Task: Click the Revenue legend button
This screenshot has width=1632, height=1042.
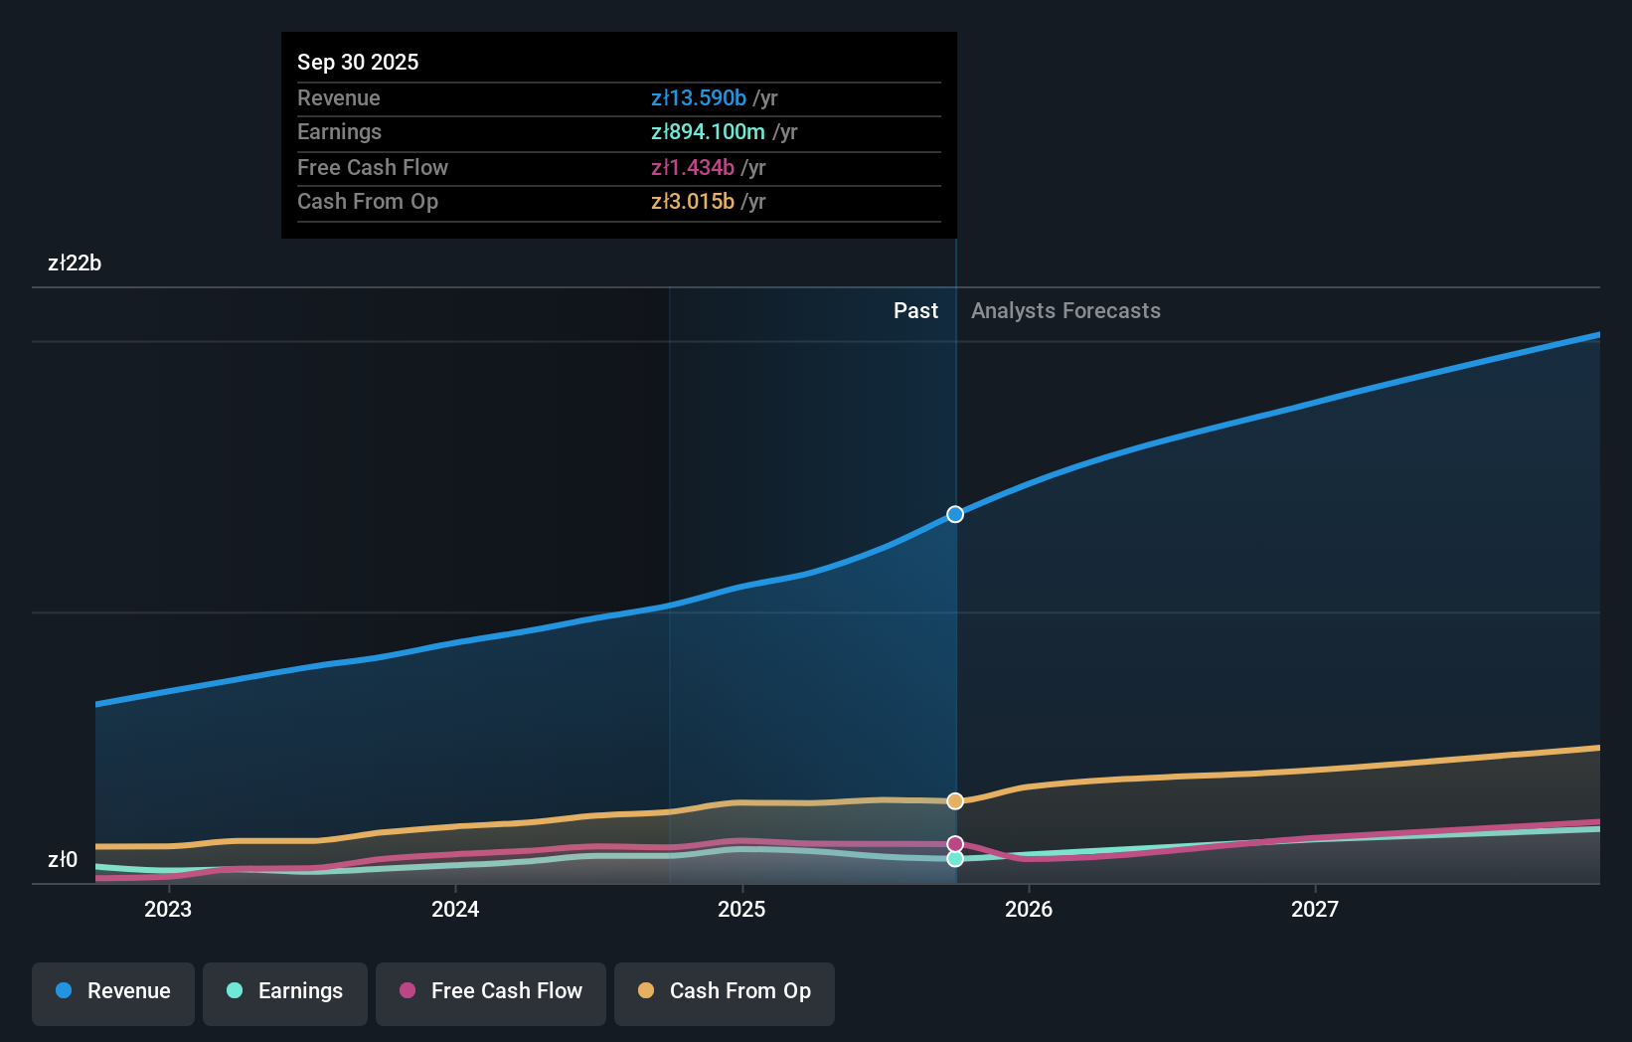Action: tap(113, 992)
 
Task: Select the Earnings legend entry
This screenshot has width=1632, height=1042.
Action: tap(285, 992)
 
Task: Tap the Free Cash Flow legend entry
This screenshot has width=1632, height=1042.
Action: tap(491, 992)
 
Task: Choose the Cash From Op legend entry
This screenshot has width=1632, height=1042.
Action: tap(725, 992)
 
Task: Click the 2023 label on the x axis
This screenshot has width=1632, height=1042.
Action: tap(168, 910)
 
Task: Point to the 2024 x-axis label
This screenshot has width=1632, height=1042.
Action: tap(455, 910)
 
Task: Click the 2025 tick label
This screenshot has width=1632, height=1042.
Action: tap(741, 910)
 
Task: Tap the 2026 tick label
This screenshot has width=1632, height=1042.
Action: tap(1029, 910)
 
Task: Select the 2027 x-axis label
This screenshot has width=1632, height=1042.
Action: tap(1315, 910)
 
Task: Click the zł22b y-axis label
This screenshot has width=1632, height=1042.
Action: tap(75, 263)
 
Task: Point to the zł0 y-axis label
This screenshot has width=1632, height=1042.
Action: tap(63, 860)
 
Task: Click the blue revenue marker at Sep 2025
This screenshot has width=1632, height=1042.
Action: tap(955, 514)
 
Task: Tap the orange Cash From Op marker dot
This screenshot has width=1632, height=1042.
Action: tap(955, 801)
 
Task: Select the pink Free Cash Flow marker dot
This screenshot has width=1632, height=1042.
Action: tap(955, 844)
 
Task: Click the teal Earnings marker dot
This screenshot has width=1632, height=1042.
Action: tap(955, 859)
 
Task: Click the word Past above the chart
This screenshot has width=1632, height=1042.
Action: tap(915, 311)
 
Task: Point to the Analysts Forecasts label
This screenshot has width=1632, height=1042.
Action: tap(1065, 311)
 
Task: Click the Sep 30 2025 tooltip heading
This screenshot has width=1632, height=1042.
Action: tap(358, 63)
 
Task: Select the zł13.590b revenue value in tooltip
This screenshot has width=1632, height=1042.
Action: tap(698, 98)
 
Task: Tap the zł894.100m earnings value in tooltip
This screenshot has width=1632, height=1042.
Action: tap(708, 132)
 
